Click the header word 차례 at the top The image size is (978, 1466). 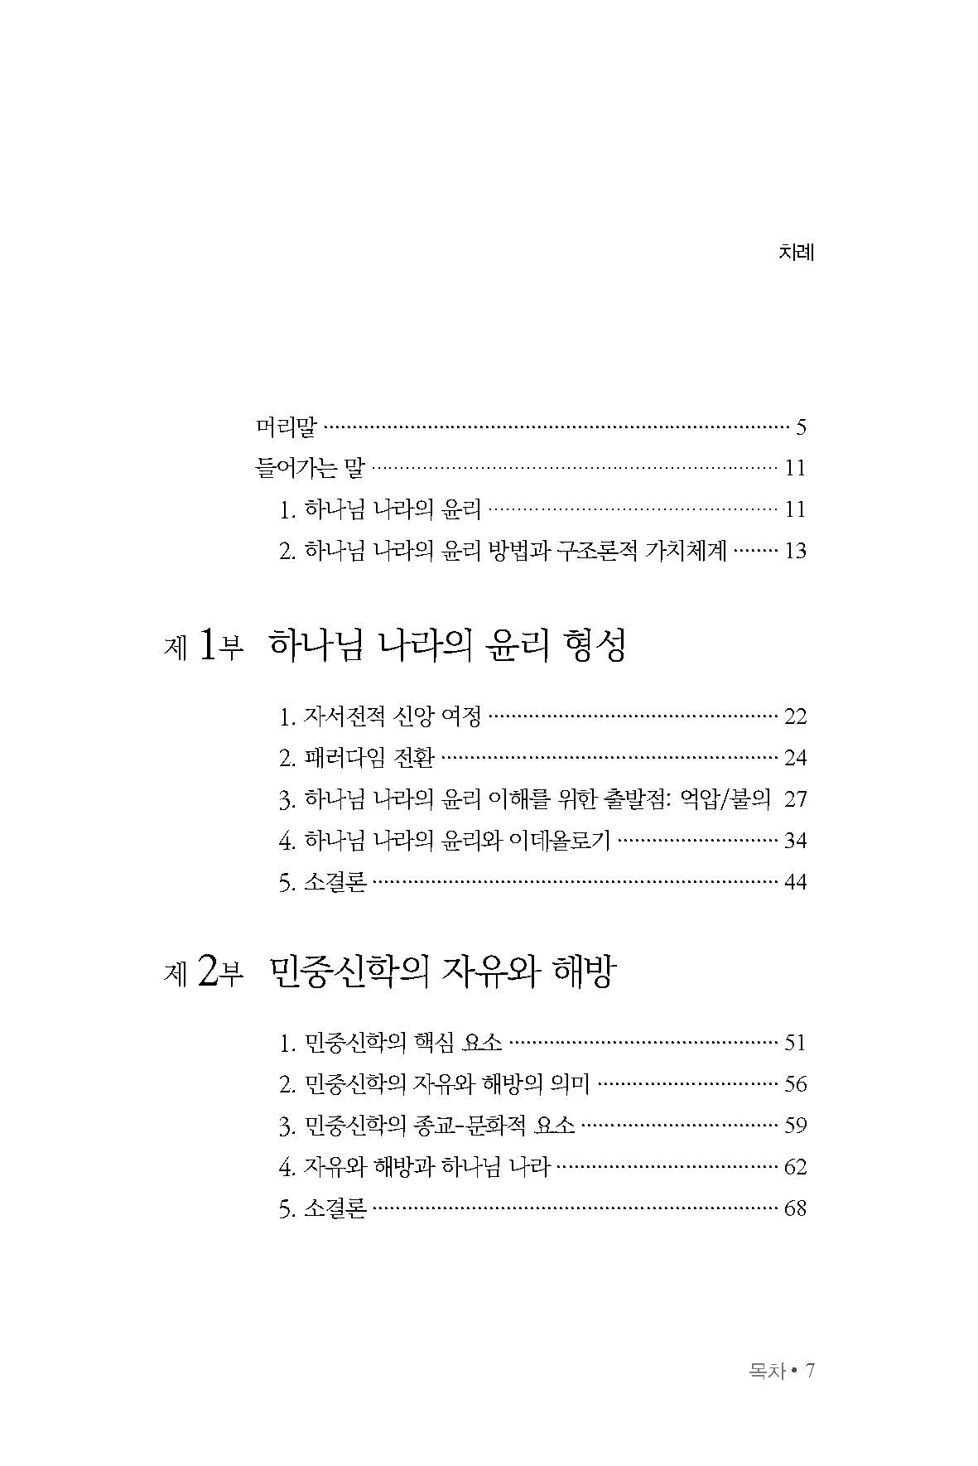[x=797, y=253]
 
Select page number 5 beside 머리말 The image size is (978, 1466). [x=800, y=428]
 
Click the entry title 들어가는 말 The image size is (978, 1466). [x=310, y=469]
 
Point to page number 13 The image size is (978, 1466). [x=795, y=552]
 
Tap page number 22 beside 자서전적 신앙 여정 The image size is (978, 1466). [x=795, y=716]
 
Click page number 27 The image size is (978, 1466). [x=795, y=799]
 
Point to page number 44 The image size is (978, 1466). [x=795, y=882]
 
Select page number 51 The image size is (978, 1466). [x=795, y=1043]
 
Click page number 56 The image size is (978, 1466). [x=795, y=1084]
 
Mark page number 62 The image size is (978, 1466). [x=795, y=1167]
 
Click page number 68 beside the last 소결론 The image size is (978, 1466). [x=795, y=1208]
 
